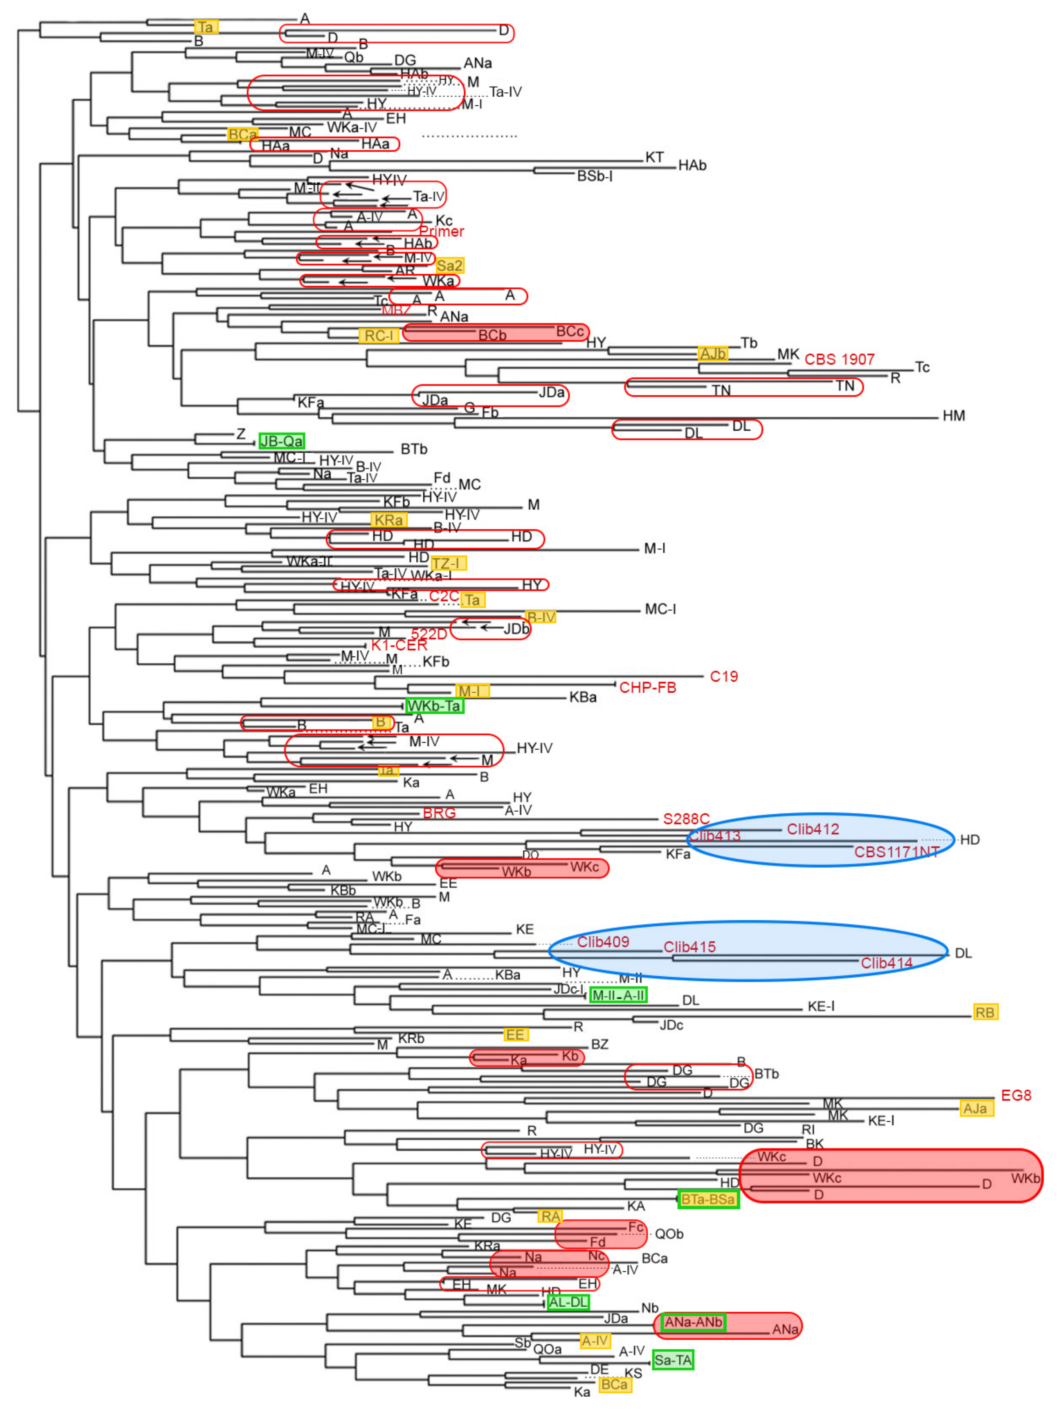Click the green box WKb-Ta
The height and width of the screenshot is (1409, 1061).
coord(434,706)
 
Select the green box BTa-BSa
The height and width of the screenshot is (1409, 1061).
coord(708,1199)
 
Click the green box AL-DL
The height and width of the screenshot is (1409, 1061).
coord(568,1302)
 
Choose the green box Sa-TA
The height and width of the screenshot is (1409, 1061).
coord(673,1360)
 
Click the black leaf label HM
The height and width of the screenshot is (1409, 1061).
coord(953,416)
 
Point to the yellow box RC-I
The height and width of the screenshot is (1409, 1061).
coord(379,336)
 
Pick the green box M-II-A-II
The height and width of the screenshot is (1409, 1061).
coord(618,995)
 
